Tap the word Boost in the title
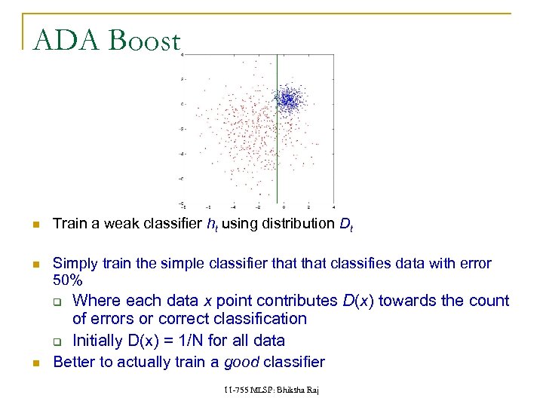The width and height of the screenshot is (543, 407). point(143,40)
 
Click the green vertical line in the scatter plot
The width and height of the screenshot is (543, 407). point(278,151)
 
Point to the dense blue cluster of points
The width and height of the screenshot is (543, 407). point(287,99)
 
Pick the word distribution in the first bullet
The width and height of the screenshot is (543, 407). point(303,223)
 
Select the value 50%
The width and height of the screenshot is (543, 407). point(67,280)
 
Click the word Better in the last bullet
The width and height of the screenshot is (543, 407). point(75,362)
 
